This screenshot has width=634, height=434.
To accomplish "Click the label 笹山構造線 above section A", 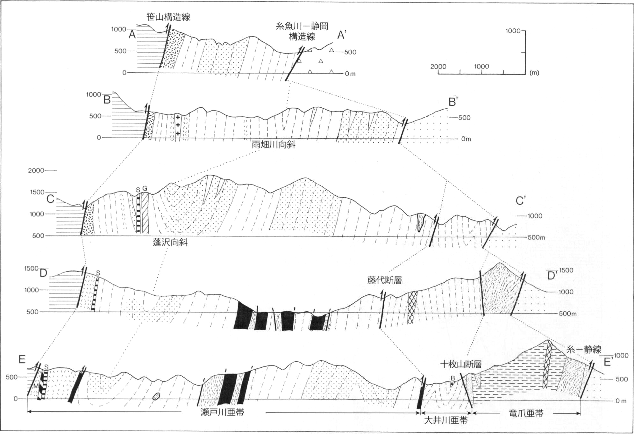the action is click(x=168, y=17).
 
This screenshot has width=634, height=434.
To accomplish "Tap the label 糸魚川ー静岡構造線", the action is click(x=302, y=31).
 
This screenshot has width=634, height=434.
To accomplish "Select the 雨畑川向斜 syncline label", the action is click(x=274, y=145).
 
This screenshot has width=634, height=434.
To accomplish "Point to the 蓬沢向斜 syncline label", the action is click(x=170, y=242).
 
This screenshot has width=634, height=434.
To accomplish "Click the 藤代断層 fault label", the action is click(x=384, y=280).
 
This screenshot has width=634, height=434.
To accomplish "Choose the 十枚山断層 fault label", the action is click(x=461, y=364).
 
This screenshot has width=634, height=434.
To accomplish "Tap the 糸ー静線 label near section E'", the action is click(x=584, y=350).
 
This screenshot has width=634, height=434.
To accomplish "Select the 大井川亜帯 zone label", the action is click(x=446, y=421).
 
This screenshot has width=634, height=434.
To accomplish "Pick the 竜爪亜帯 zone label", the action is click(x=526, y=414).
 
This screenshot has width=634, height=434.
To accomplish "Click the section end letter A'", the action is click(x=342, y=35).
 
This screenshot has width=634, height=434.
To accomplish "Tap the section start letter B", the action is click(x=107, y=100).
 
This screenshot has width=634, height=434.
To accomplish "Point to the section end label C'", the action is click(x=521, y=201).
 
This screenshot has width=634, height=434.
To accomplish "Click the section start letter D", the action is click(x=43, y=273).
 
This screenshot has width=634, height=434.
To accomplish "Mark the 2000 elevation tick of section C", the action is click(x=36, y=170).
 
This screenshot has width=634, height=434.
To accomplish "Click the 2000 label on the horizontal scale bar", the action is click(x=438, y=67).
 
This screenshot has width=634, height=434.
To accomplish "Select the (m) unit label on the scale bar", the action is click(x=534, y=73).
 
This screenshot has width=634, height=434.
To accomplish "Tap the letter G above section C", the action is click(x=145, y=189).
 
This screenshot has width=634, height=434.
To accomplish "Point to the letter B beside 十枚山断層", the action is click(x=452, y=378).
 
